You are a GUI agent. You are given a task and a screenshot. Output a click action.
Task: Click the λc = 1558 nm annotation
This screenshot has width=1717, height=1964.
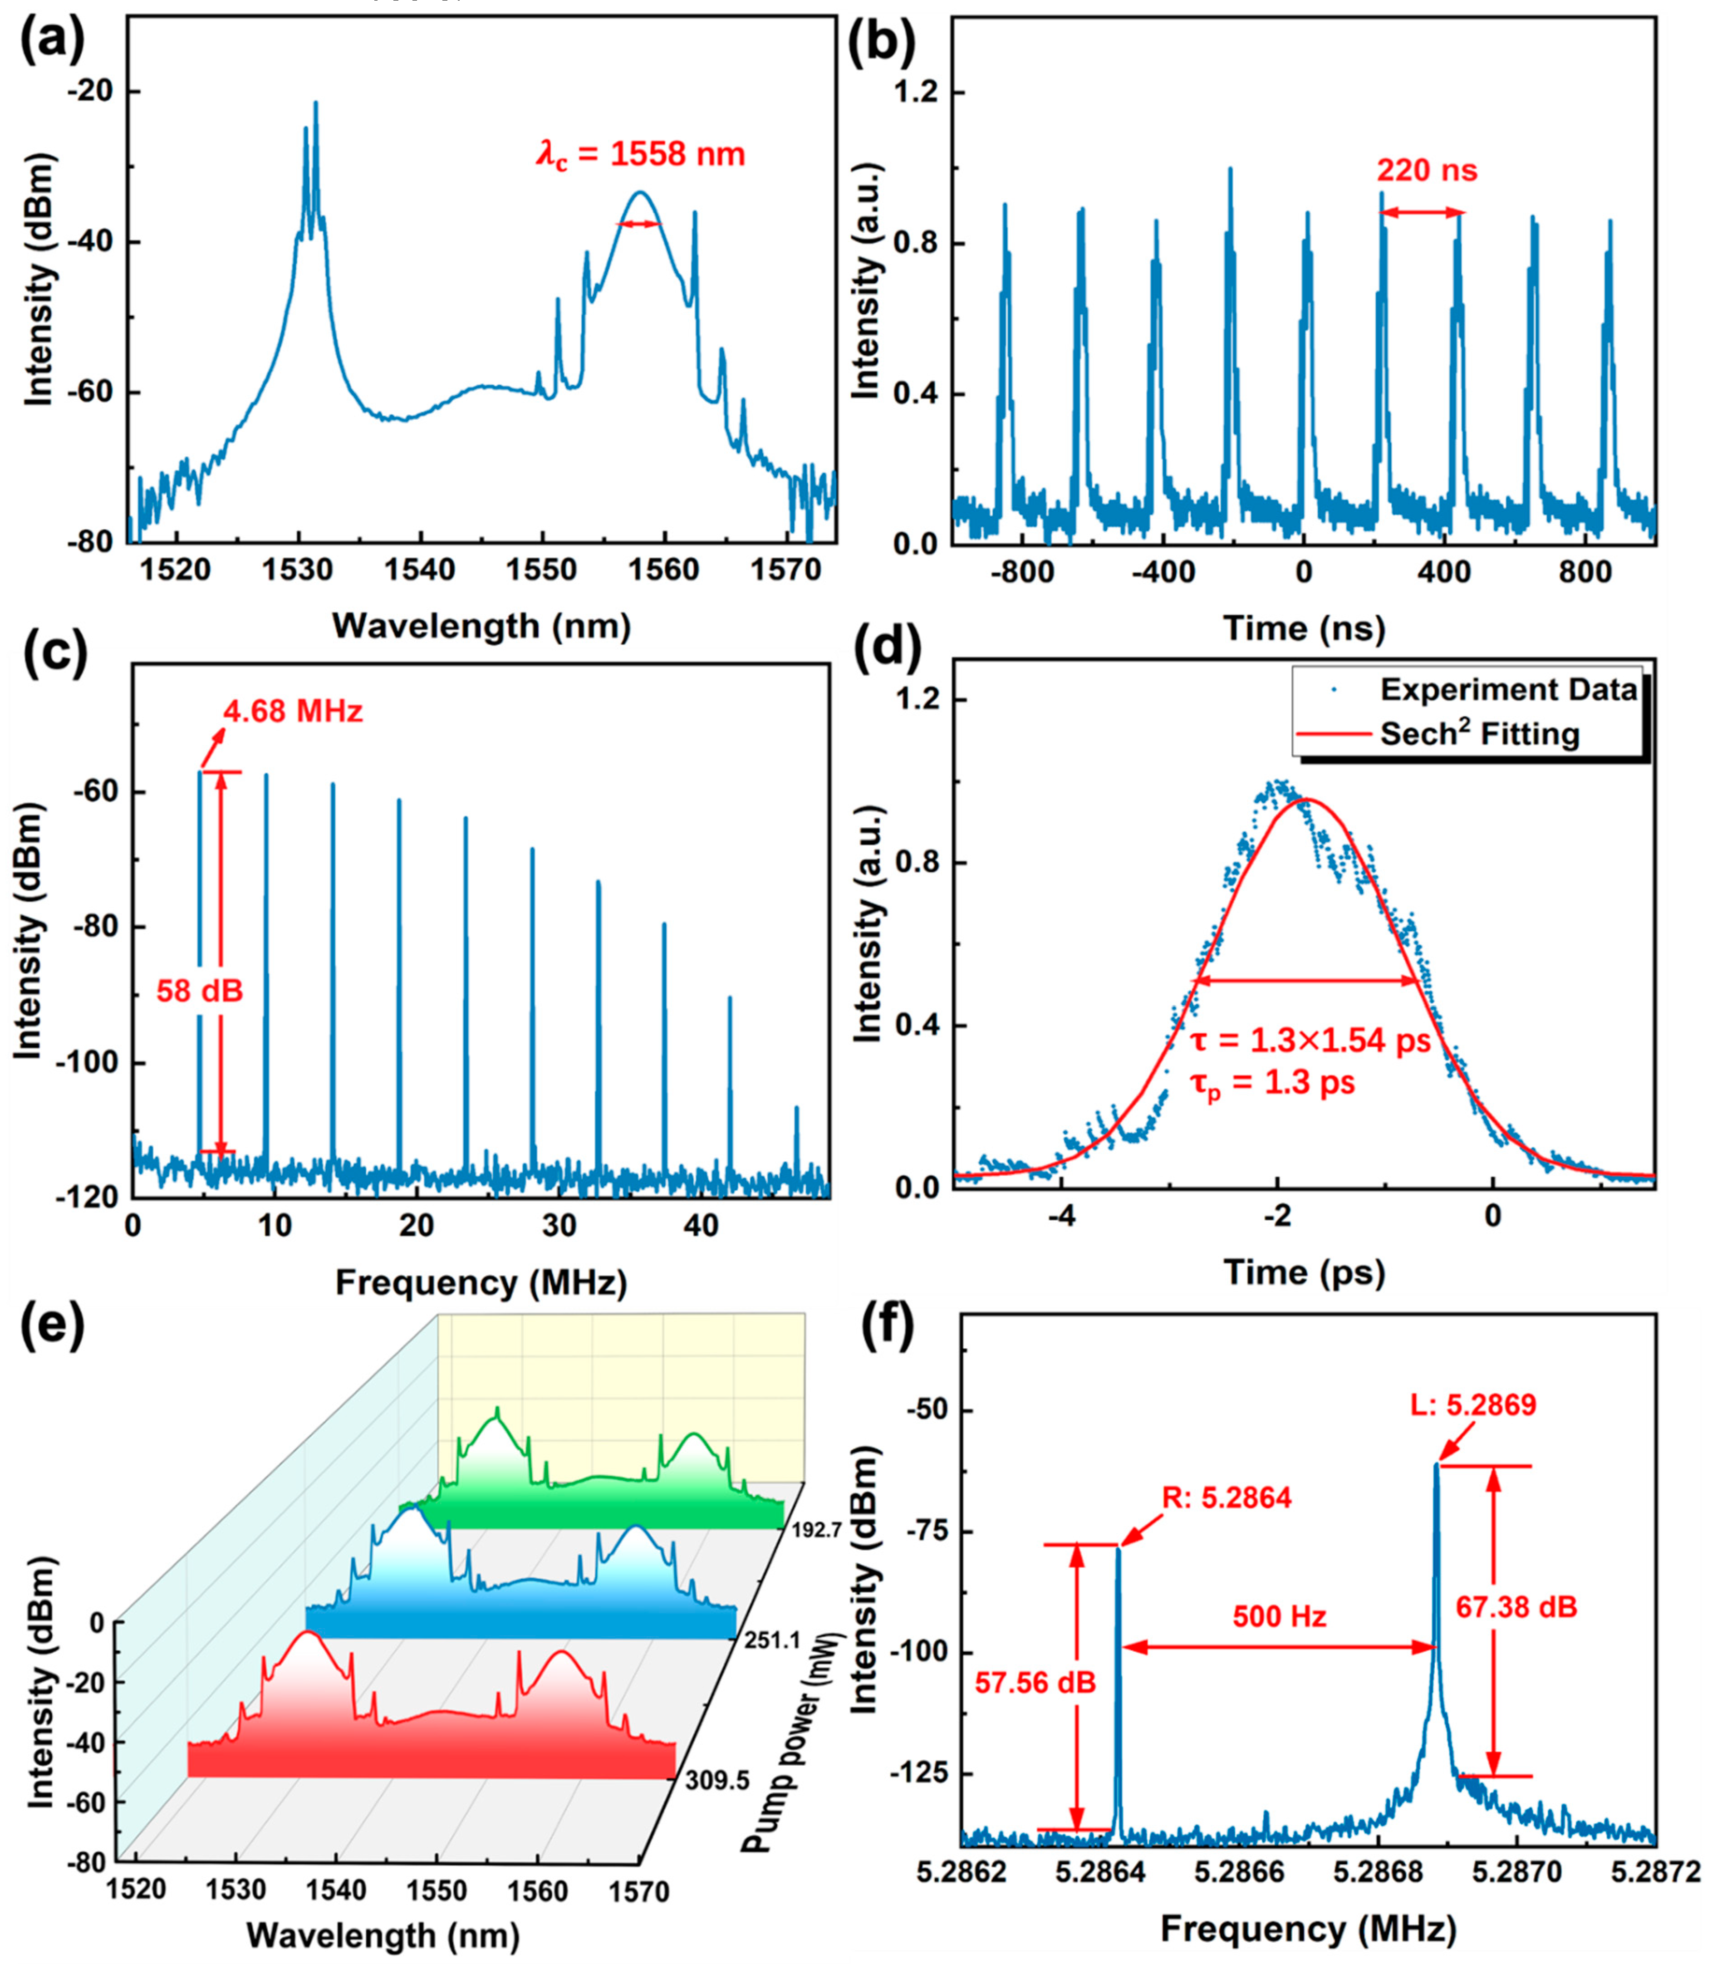coord(640,154)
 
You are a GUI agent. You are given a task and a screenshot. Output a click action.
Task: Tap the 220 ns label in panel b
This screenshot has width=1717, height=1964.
coord(1427,171)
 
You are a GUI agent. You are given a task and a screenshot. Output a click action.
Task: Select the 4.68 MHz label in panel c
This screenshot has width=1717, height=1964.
coord(293,712)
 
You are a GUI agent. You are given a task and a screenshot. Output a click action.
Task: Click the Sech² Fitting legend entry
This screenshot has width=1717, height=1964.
coord(1479,735)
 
